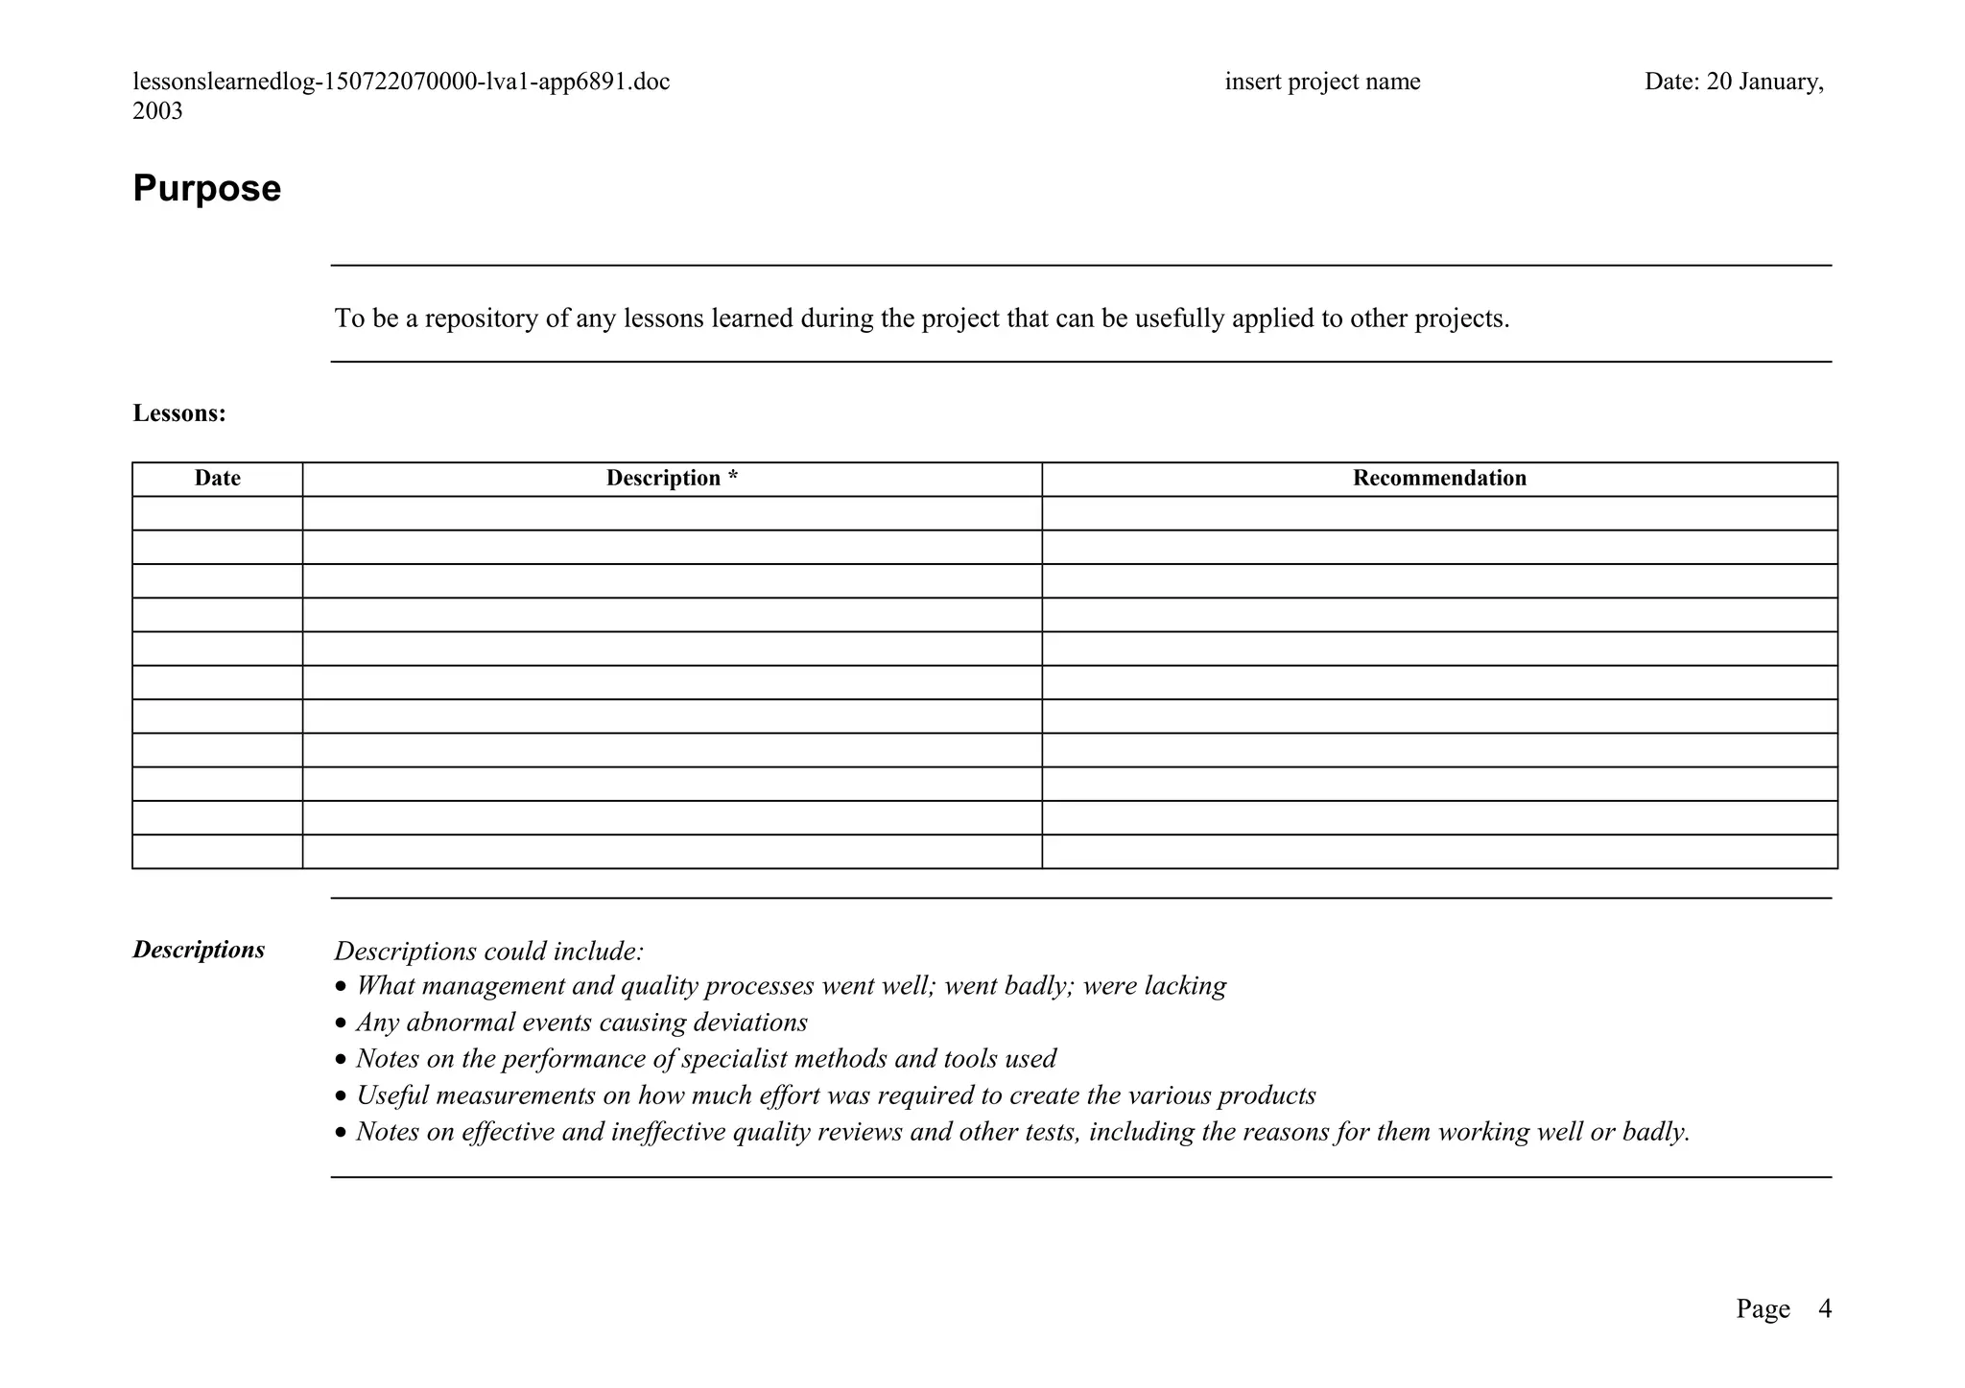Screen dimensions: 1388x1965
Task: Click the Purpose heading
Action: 206,189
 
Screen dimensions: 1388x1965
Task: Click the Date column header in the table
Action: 217,479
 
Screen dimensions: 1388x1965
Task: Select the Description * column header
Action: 672,479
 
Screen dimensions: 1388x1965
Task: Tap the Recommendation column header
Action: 1439,479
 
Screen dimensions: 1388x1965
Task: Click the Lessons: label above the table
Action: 179,413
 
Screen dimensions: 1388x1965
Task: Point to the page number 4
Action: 1824,1308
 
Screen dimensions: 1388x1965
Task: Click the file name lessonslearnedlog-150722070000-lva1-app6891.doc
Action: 401,82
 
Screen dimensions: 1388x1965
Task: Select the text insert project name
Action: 1322,82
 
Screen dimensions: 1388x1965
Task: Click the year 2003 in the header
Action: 157,111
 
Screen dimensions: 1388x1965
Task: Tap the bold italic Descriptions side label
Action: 199,950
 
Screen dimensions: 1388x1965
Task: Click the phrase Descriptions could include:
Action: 488,952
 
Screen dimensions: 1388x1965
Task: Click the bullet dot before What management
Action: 341,987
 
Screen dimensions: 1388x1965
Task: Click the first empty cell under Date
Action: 217,513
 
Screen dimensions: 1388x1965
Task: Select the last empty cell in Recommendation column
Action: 1439,852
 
